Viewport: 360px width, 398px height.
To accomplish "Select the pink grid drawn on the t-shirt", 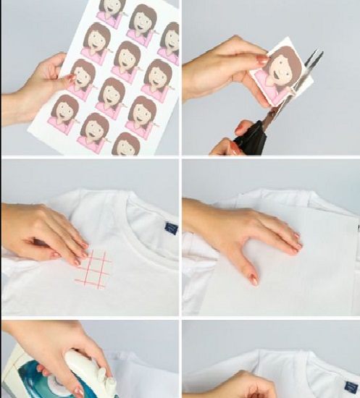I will (93, 270).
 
